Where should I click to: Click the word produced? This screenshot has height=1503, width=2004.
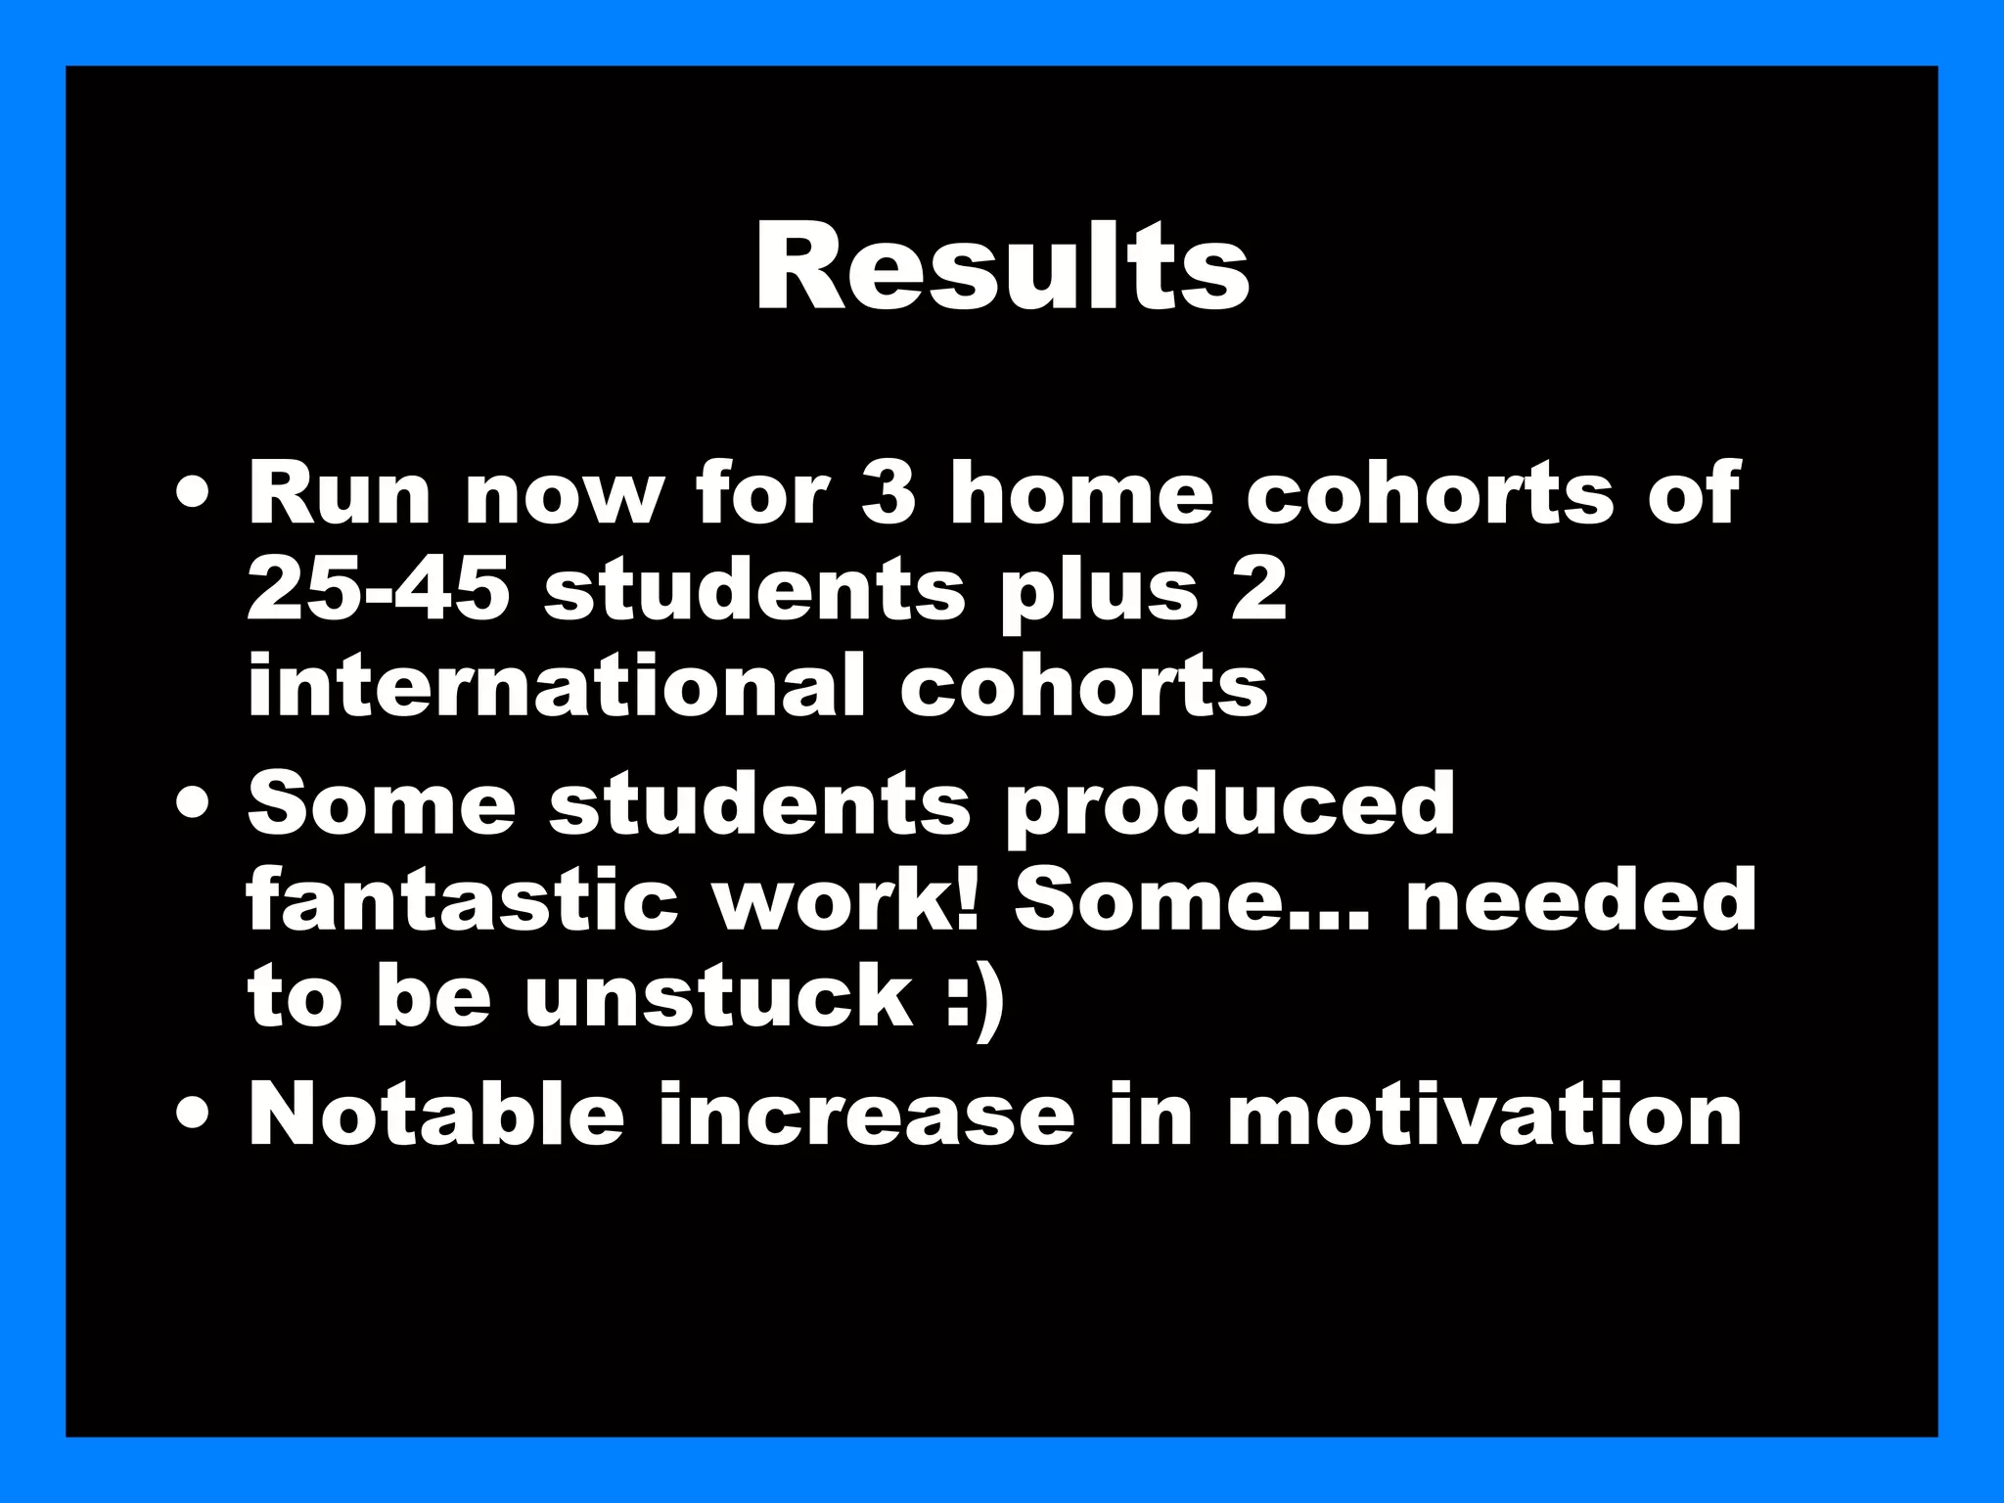(x=1230, y=802)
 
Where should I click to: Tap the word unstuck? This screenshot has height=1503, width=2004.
(x=717, y=996)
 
